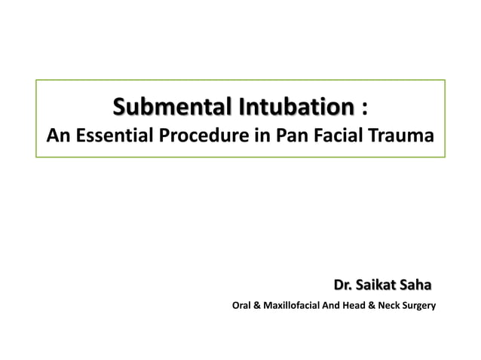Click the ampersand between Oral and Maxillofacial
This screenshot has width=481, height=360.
pos(256,307)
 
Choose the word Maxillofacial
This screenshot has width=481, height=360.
pos(290,307)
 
